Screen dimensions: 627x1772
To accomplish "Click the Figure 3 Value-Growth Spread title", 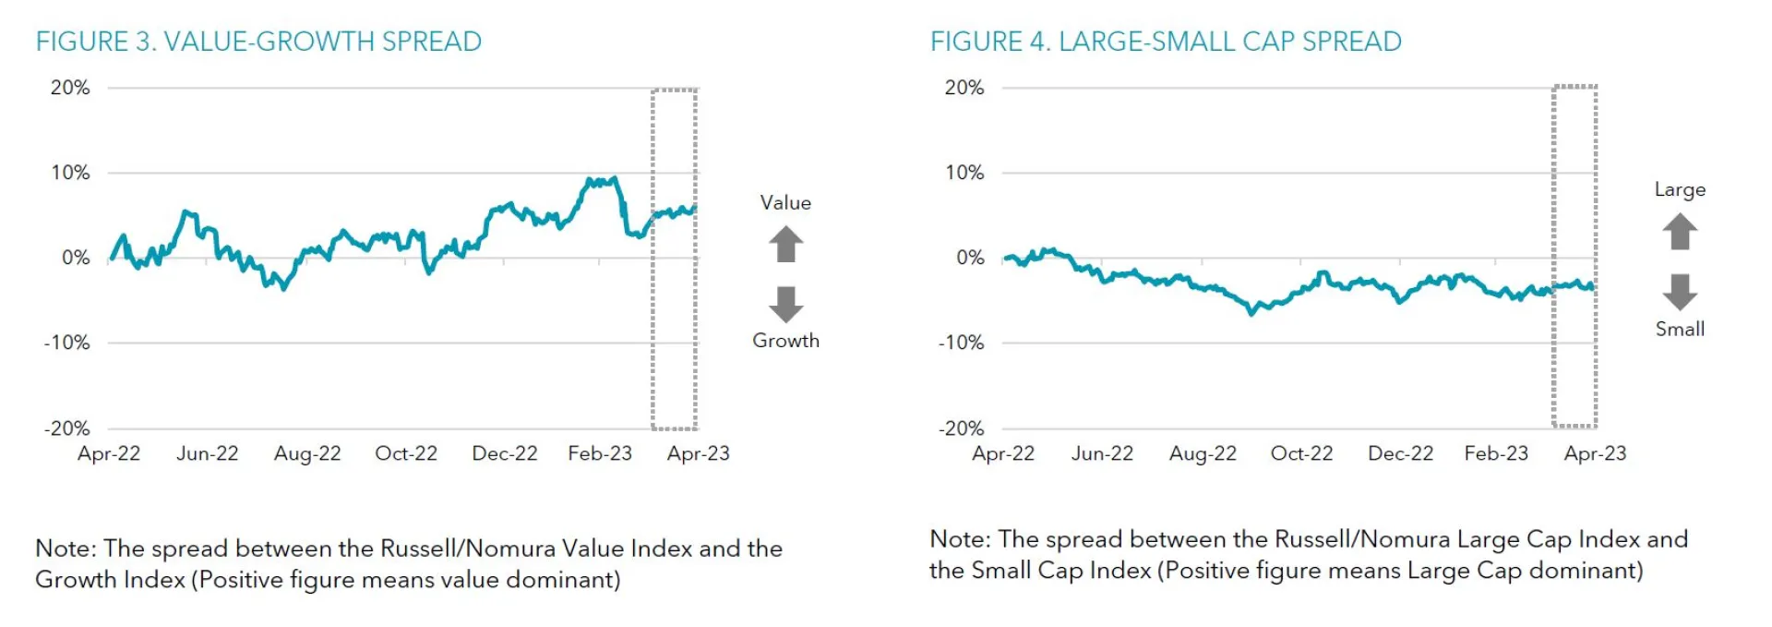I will point(258,42).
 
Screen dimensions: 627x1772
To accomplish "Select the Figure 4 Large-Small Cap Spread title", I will point(1166,42).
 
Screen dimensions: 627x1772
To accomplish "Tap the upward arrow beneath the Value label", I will point(785,245).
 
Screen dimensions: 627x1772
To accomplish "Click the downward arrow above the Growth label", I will point(785,304).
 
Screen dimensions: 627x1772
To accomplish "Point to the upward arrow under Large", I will point(1680,232).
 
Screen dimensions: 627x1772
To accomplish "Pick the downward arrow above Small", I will point(1680,291).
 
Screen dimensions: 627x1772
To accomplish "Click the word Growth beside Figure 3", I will point(785,341).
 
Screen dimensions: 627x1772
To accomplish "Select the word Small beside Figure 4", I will point(1680,329).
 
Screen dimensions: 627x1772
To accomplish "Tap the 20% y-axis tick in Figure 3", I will point(70,88).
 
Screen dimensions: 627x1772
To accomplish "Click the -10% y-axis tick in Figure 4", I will point(962,343).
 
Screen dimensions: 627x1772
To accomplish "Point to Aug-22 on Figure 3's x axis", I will point(307,453).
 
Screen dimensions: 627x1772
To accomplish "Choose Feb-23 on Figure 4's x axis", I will point(1496,453).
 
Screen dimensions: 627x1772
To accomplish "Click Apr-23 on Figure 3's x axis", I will point(699,453).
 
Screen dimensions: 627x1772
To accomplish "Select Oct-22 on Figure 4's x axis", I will point(1301,453).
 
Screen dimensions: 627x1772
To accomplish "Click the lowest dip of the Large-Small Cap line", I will point(1252,314).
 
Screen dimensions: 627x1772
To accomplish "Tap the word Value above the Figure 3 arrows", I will point(785,203).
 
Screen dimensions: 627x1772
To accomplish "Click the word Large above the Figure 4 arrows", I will point(1680,189).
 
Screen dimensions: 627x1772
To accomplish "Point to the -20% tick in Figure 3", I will point(67,428).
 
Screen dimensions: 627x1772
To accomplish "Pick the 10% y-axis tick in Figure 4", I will point(964,173).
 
